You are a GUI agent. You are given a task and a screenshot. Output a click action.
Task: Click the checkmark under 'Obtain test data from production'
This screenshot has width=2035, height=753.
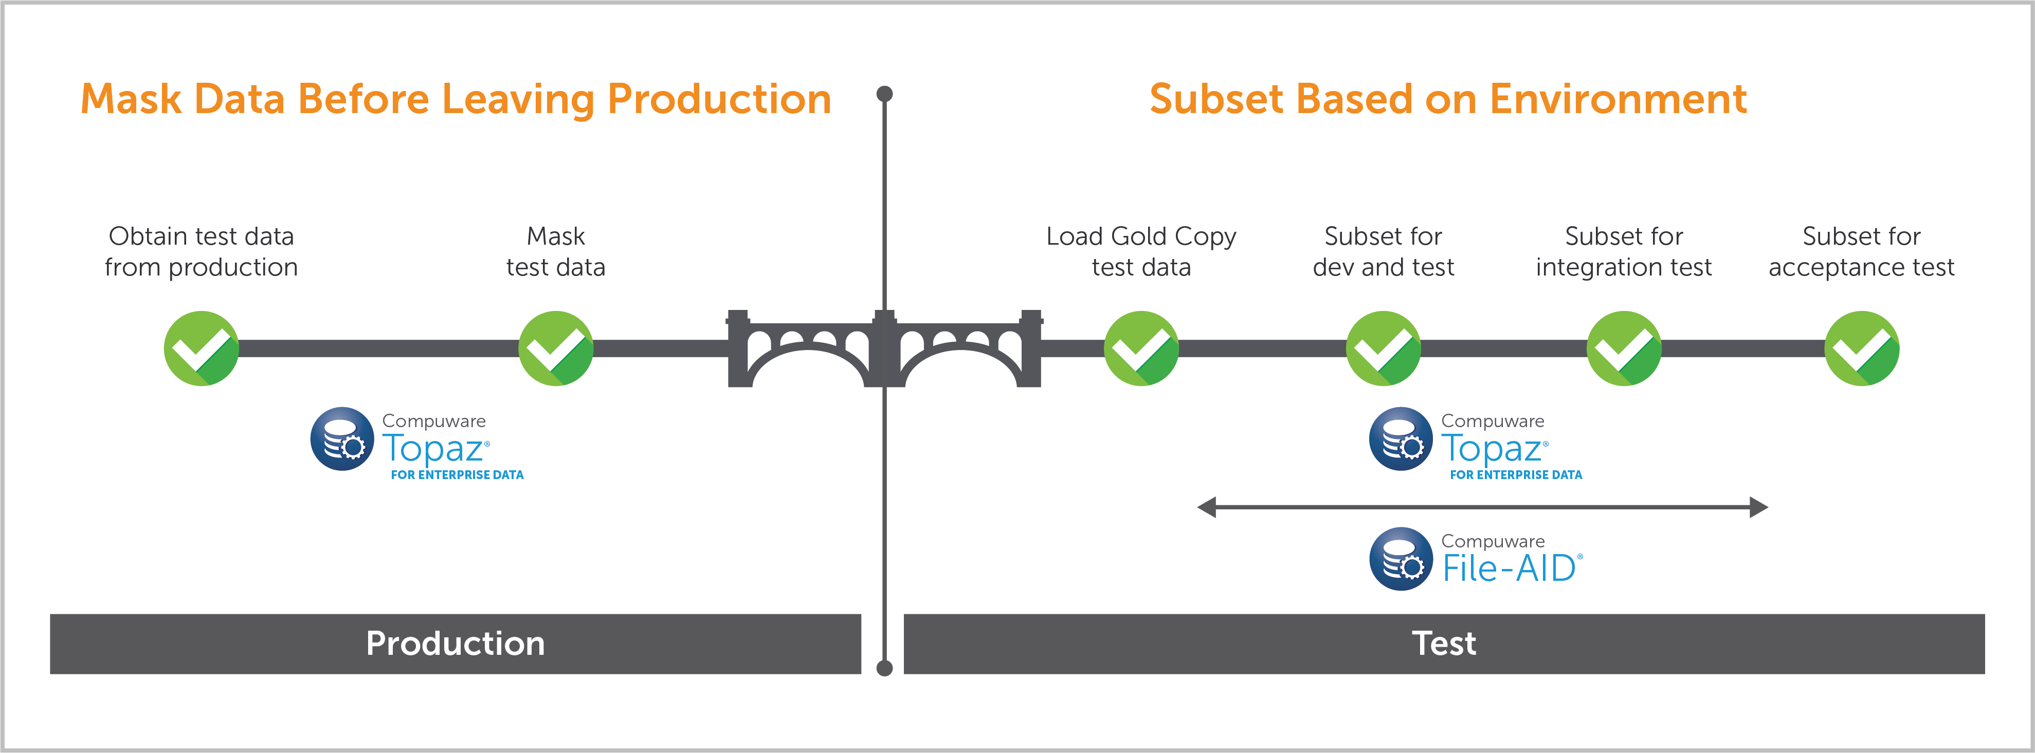(202, 348)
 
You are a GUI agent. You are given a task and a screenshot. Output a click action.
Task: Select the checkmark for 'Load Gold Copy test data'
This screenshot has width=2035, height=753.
(1141, 348)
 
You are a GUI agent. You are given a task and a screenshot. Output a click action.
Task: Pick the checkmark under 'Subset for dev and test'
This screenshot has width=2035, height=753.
(1383, 348)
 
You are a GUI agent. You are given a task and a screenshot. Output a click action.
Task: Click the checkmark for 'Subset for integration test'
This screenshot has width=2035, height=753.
(1624, 348)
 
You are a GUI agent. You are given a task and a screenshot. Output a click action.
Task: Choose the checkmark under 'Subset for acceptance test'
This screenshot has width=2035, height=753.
(1862, 348)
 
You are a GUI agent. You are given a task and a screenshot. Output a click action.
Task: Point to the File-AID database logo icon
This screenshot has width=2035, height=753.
(1401, 559)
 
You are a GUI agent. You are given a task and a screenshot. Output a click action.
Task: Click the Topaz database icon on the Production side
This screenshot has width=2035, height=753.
(342, 439)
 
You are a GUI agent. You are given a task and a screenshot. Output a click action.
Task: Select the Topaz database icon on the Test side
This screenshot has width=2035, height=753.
(1401, 439)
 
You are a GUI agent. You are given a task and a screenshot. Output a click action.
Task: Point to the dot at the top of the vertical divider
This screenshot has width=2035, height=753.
(885, 94)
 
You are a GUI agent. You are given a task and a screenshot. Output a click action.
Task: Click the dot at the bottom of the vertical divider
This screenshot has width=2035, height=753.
(885, 669)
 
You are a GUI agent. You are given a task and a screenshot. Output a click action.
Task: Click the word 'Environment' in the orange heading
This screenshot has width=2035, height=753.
(1618, 100)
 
